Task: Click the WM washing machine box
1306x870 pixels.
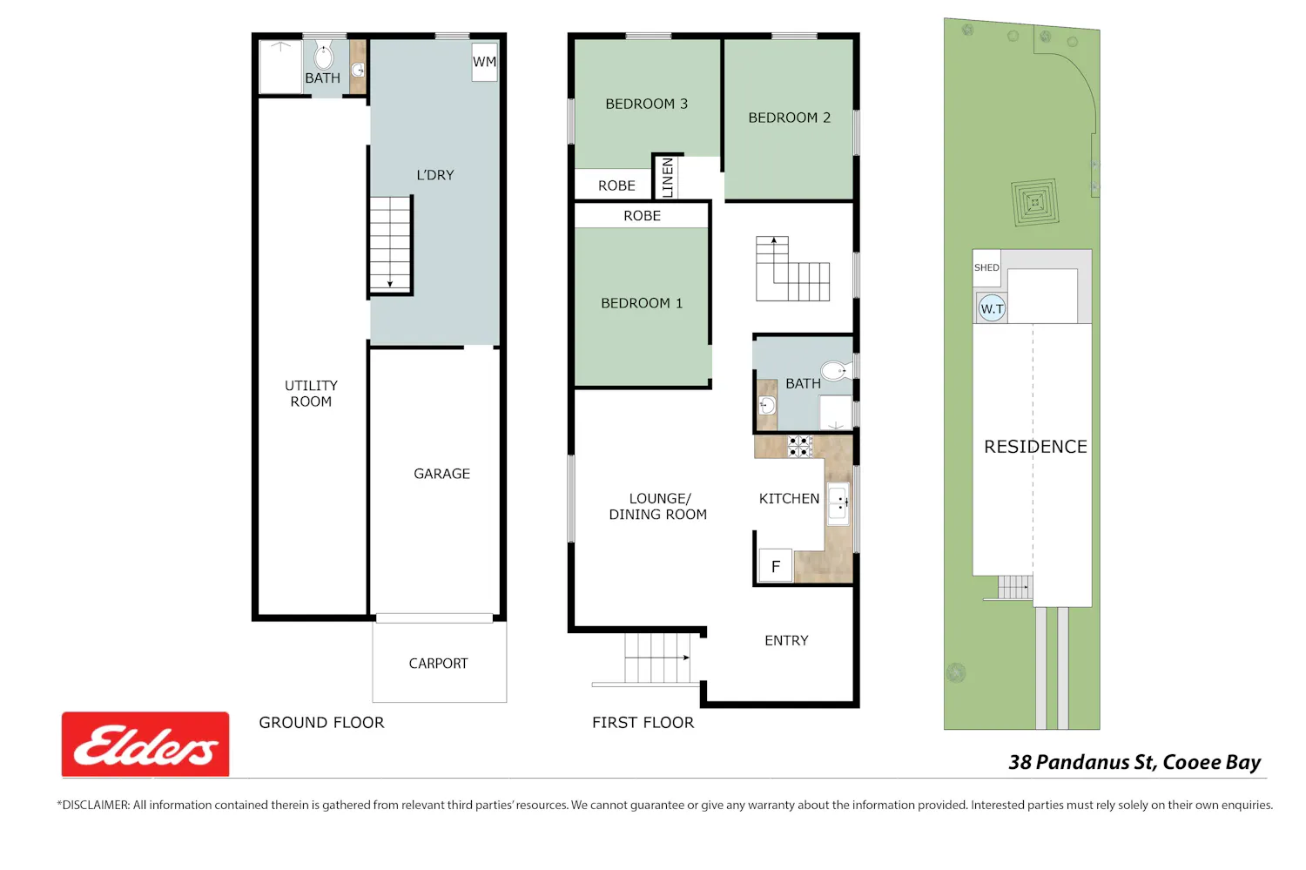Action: click(x=484, y=63)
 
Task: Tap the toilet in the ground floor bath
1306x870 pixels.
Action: click(x=324, y=56)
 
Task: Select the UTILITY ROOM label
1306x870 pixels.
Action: click(x=311, y=394)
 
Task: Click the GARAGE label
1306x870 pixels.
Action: click(x=441, y=474)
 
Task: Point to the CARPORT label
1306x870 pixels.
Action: click(x=438, y=664)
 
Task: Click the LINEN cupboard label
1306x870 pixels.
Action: click(x=668, y=178)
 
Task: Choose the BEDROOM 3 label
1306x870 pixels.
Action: click(x=646, y=104)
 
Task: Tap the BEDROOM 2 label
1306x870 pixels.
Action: click(x=789, y=118)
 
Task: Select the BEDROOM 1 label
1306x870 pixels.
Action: click(x=642, y=303)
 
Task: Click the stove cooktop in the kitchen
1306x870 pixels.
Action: click(x=800, y=447)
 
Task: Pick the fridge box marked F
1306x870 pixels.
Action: click(x=776, y=565)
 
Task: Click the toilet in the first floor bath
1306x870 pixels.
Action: click(x=836, y=371)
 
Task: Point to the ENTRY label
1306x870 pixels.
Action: click(x=786, y=641)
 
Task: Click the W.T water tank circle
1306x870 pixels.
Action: click(x=992, y=308)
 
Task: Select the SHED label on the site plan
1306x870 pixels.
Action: click(x=986, y=267)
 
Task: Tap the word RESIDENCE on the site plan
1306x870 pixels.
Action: click(x=1035, y=447)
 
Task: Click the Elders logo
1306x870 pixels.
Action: click(x=145, y=744)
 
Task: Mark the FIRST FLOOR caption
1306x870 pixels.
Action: click(x=643, y=723)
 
